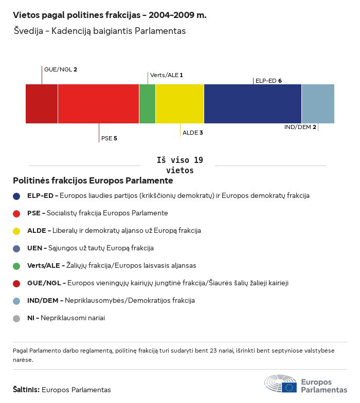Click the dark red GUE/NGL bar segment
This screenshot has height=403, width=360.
(x=42, y=104)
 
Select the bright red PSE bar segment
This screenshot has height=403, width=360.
(x=98, y=104)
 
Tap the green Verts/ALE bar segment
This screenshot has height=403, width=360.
(x=147, y=104)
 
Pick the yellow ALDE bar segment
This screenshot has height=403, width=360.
(x=179, y=104)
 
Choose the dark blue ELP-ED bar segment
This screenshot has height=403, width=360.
(x=253, y=104)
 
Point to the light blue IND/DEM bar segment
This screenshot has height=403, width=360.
(x=318, y=104)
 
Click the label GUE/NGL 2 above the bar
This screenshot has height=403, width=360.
(x=61, y=69)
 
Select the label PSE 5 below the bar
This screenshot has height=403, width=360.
(x=109, y=138)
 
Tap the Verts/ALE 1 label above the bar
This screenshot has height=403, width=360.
(x=166, y=75)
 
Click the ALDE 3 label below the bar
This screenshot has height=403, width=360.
(x=193, y=133)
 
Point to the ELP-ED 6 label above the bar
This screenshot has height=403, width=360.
(x=268, y=81)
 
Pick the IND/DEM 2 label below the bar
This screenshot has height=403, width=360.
(x=300, y=127)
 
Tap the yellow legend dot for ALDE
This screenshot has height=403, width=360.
(x=16, y=231)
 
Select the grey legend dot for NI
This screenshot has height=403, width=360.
(x=16, y=318)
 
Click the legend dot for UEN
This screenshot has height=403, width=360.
(x=16, y=248)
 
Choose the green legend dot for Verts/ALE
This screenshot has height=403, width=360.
(x=16, y=266)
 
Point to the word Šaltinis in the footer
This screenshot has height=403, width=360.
(x=26, y=390)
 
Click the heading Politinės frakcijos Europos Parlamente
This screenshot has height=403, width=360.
(x=93, y=181)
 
